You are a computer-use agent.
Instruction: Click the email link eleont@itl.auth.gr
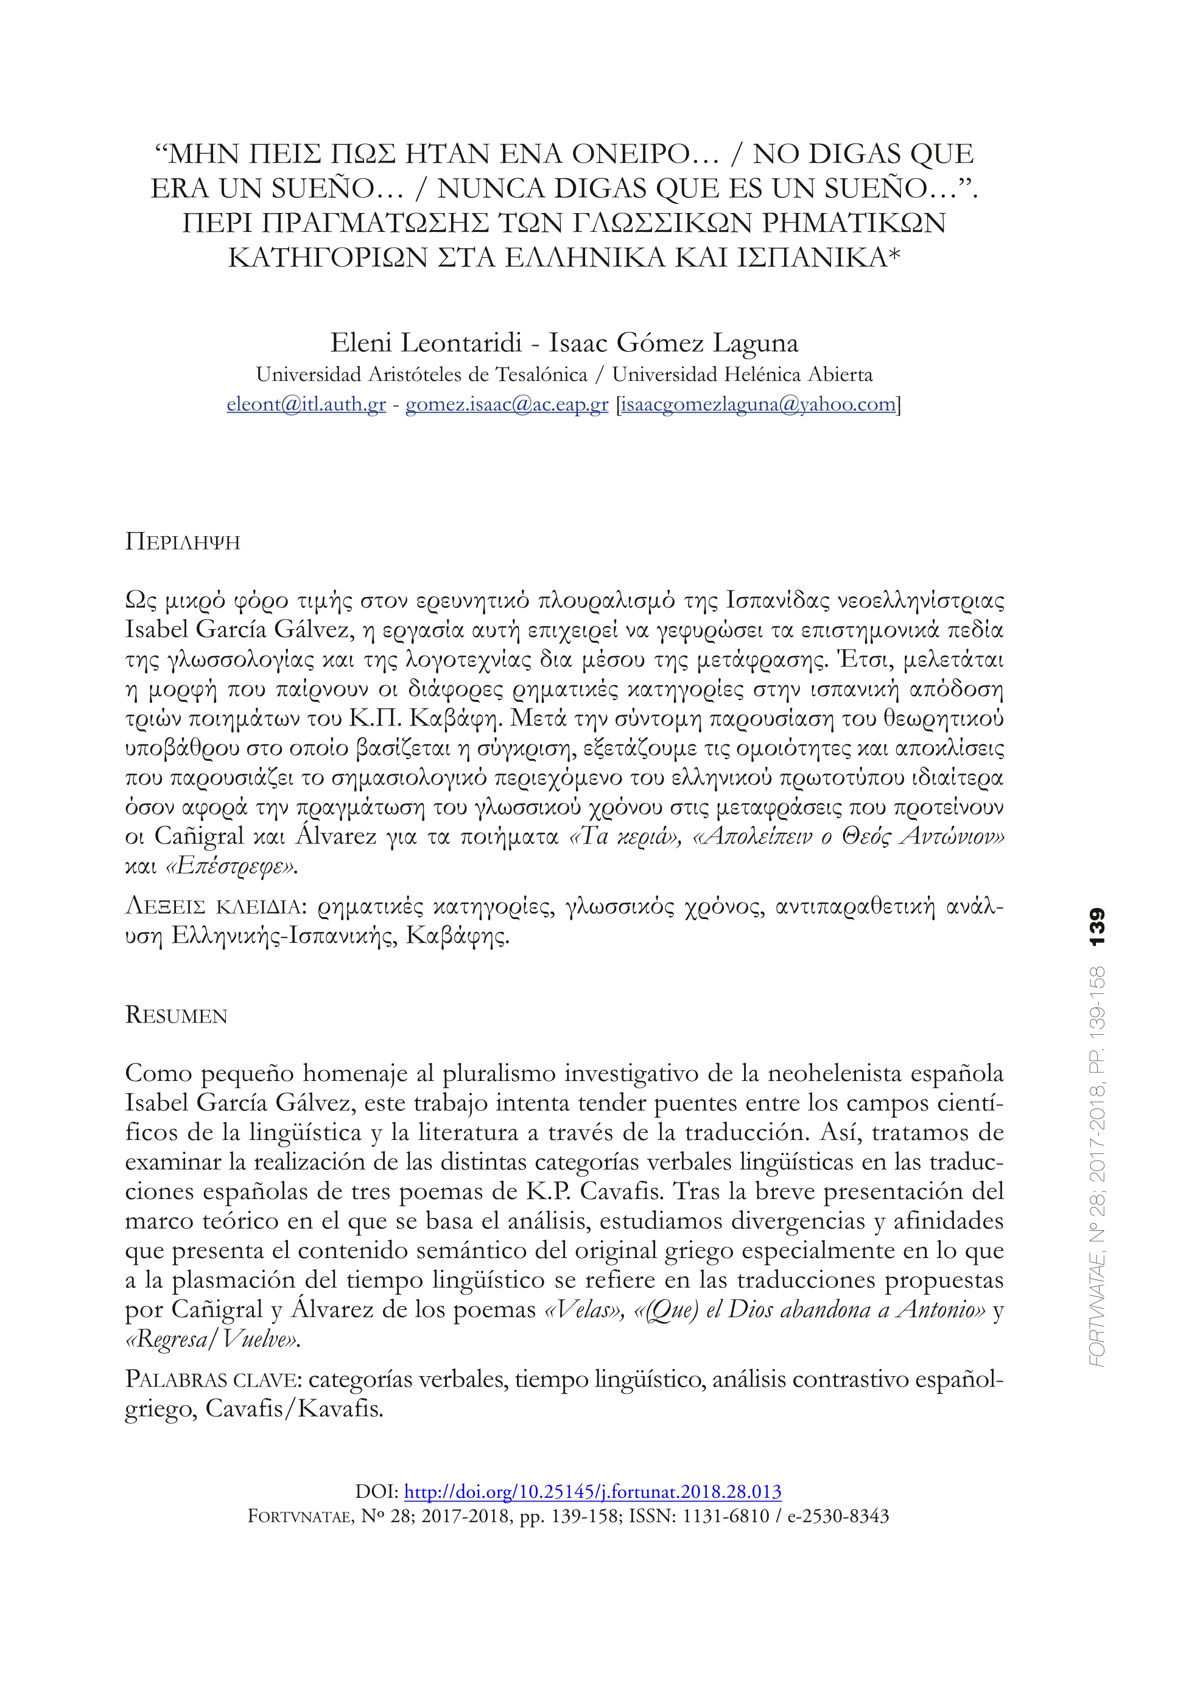[x=306, y=404]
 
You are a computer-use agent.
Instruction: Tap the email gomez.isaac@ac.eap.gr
[x=507, y=404]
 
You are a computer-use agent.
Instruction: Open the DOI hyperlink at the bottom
[x=593, y=1492]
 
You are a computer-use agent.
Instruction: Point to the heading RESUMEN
[x=177, y=1016]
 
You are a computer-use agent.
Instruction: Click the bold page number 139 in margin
[x=1097, y=928]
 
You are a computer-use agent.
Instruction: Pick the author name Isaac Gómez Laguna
[x=673, y=343]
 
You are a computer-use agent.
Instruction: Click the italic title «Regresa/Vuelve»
[x=213, y=1340]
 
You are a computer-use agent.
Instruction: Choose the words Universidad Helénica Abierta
[x=742, y=374]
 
